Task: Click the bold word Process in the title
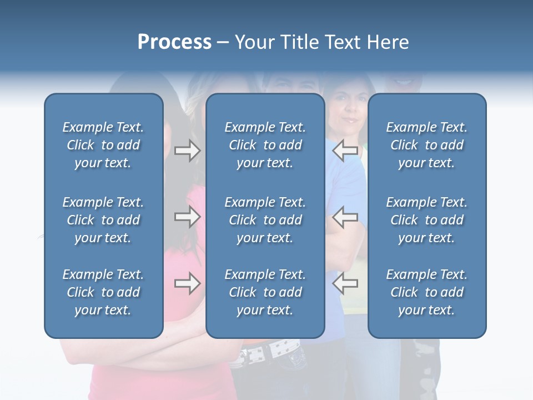pos(174,42)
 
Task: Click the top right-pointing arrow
pos(187,151)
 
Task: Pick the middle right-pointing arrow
pos(187,217)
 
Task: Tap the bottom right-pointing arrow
pos(187,283)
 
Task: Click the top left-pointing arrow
pos(345,151)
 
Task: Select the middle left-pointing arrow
pos(345,217)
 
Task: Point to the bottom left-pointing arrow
pos(345,283)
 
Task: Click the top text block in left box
pos(103,145)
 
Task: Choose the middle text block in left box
pos(103,220)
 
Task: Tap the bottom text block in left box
pos(103,292)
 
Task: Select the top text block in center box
pos(265,145)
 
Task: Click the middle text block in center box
pos(265,220)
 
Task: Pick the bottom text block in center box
pos(265,292)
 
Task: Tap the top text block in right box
pos(427,145)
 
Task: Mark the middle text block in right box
pos(427,220)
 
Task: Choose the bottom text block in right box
pos(427,292)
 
